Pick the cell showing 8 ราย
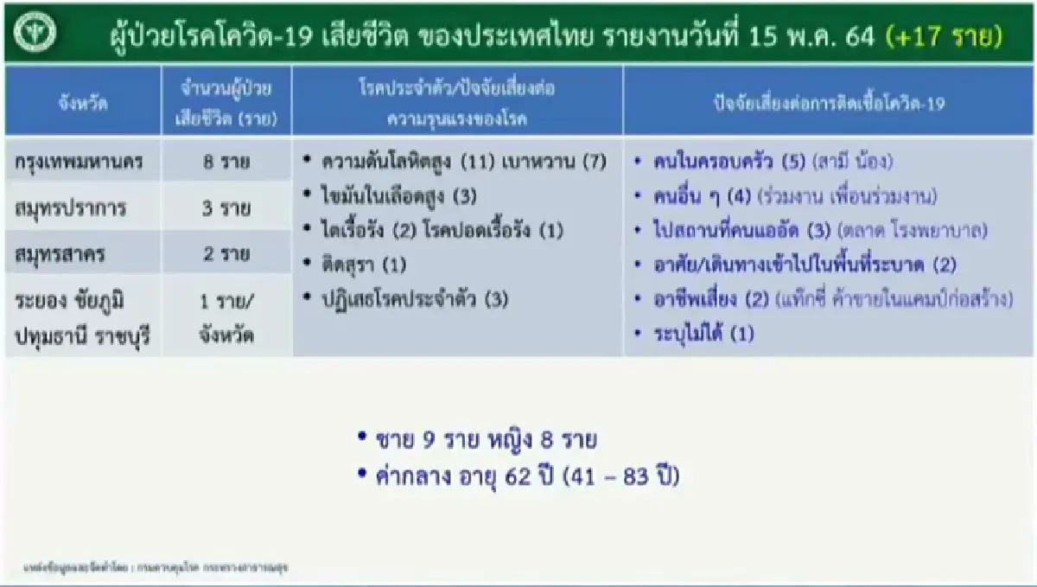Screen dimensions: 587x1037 226,162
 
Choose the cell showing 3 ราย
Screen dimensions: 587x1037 226,208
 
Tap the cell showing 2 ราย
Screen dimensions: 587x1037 226,254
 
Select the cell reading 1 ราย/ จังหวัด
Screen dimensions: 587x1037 226,317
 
